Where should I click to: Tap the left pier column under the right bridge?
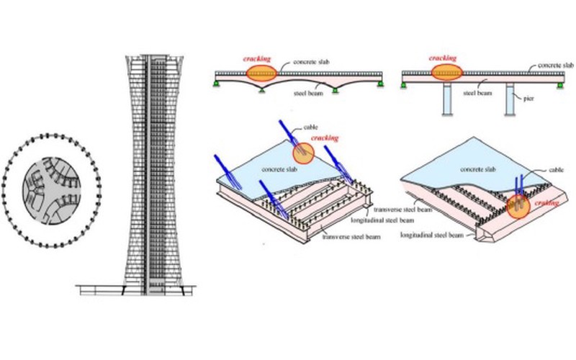click(x=446, y=99)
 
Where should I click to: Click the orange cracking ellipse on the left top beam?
click(x=260, y=73)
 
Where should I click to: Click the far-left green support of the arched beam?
click(x=215, y=85)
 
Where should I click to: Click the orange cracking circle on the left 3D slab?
click(x=303, y=153)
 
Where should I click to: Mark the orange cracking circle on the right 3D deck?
click(x=517, y=207)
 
